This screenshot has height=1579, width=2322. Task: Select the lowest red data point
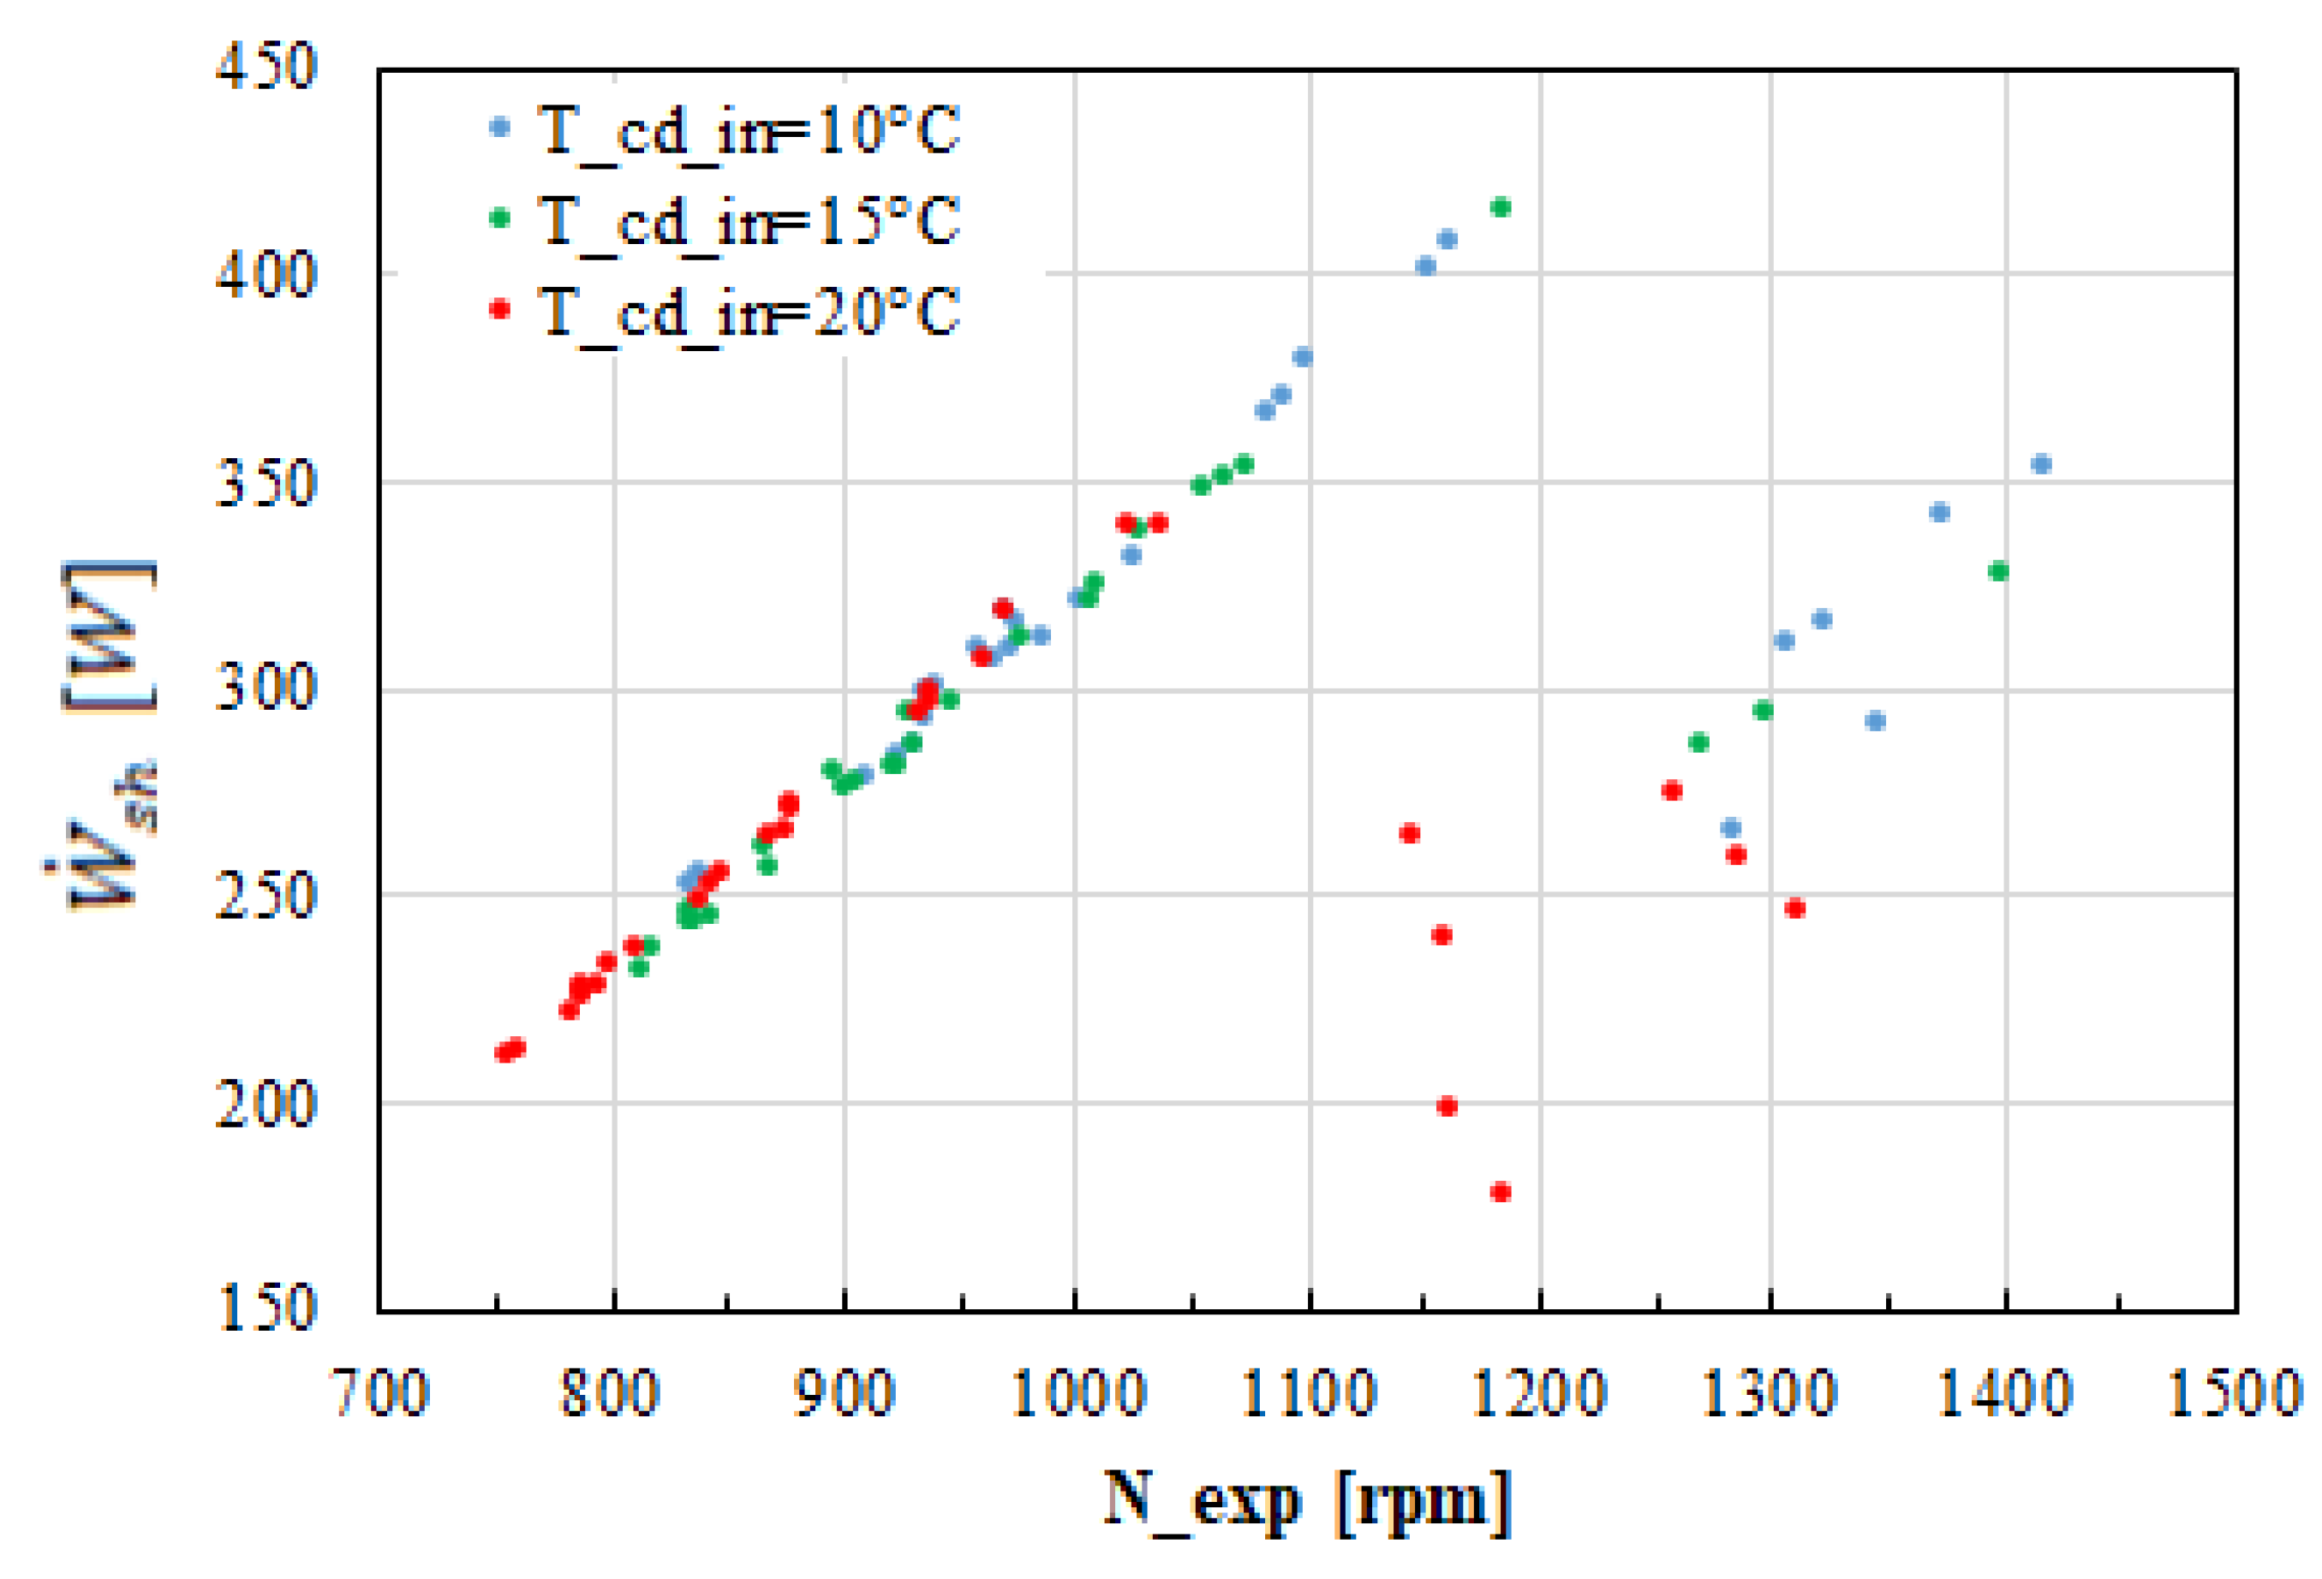click(1500, 1191)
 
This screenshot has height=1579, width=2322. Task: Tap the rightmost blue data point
click(2041, 463)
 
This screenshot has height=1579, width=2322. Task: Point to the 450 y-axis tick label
click(266, 67)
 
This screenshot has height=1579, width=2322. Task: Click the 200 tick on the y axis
click(266, 1104)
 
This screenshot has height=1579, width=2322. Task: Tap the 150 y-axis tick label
click(266, 1308)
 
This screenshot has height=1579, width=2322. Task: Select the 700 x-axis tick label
click(379, 1393)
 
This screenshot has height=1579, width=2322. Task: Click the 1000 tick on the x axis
click(1078, 1393)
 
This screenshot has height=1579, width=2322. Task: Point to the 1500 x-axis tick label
click(2235, 1393)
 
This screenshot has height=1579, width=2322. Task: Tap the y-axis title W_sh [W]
click(104, 734)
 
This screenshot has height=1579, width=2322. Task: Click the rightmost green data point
click(1998, 571)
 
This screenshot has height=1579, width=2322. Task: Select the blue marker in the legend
click(499, 127)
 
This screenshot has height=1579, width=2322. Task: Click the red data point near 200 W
click(1447, 1105)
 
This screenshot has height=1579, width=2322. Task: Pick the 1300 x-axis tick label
click(1770, 1393)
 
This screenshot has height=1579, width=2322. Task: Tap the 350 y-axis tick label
click(266, 484)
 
